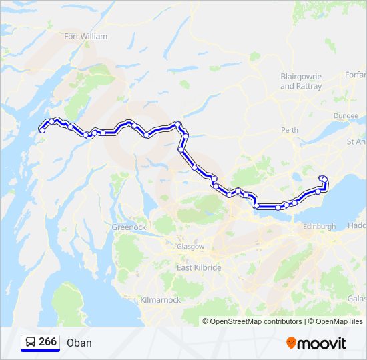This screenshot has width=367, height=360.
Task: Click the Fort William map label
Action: pos(85,37)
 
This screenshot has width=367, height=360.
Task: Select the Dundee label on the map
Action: pos(346,116)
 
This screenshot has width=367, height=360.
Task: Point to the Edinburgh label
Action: pos(320,227)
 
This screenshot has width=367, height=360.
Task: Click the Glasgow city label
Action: pos(190,246)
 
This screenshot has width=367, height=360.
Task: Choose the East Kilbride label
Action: pos(199,267)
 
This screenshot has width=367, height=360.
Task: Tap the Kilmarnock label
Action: pos(161,300)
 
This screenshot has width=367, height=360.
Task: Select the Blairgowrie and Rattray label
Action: pos(301,81)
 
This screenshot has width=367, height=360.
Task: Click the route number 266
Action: pos(47,341)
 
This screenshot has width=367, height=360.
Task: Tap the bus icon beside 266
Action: pos(31,342)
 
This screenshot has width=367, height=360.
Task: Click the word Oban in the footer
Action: pos(79,343)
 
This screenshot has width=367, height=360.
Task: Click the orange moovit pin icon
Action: pos(291,343)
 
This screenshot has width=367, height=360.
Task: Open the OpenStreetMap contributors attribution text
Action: pos(256,321)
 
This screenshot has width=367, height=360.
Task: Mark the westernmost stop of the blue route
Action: pos(42,131)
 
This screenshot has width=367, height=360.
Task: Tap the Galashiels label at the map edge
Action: pos(356,298)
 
